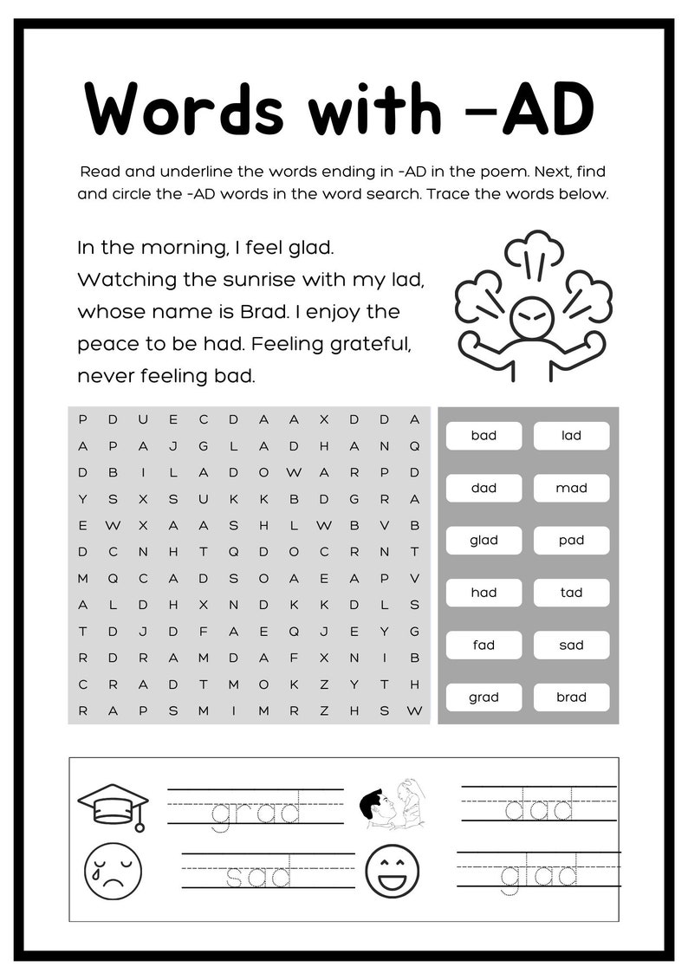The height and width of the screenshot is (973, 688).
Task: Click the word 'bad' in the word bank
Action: [x=484, y=436]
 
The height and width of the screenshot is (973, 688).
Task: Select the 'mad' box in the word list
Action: [x=571, y=488]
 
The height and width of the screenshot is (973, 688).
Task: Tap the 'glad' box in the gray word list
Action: [x=484, y=541]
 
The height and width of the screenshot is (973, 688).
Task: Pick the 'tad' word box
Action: [x=571, y=593]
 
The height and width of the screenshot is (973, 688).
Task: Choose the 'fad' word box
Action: [x=484, y=645]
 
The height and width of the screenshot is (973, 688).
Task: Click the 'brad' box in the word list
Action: [x=571, y=697]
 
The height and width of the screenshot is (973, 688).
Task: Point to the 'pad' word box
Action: [x=571, y=541]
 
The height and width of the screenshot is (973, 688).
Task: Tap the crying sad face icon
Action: [x=113, y=870]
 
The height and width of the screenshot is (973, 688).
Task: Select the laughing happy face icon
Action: [x=392, y=871]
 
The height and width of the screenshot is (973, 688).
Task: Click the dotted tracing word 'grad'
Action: [x=256, y=812]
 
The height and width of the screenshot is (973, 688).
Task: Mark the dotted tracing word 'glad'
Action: [x=539, y=875]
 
